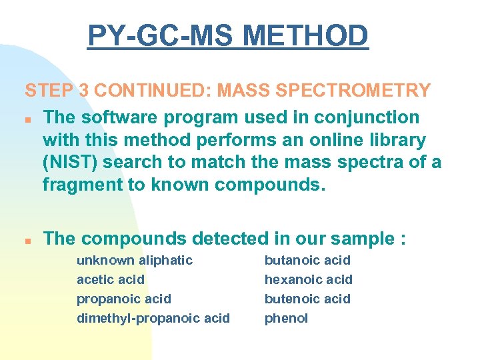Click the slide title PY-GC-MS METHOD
click(227, 36)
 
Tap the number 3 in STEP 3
click(85, 90)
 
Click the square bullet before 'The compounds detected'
click(29, 240)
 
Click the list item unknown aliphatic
click(135, 260)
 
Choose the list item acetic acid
click(110, 279)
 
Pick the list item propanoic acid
click(124, 299)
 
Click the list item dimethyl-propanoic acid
click(153, 318)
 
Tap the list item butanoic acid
click(307, 260)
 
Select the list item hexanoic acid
click(308, 279)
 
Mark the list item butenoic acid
click(307, 299)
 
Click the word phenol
click(286, 318)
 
